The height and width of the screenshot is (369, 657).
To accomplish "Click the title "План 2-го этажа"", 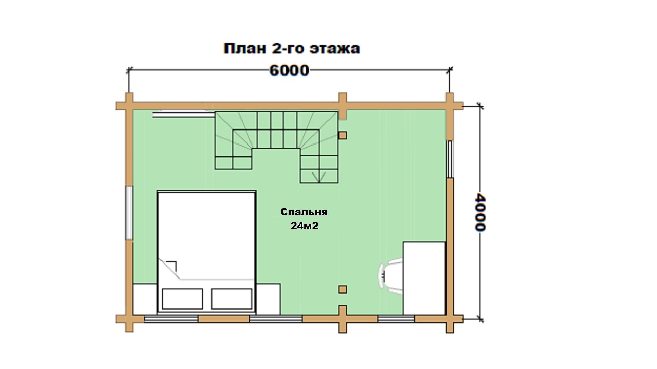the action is [292, 49].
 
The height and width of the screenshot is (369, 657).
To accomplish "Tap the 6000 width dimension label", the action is [289, 70].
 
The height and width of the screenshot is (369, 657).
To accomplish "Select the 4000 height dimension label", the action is [480, 213].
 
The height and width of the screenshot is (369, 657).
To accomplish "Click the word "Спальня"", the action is [304, 212].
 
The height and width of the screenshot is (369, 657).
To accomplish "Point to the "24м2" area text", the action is [304, 226].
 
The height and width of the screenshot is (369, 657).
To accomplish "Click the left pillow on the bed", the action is [182, 299].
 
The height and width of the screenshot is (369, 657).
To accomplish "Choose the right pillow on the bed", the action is [232, 299].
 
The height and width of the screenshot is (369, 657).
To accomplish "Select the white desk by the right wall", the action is [424, 278].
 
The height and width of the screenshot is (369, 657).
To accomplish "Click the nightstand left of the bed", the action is [145, 299].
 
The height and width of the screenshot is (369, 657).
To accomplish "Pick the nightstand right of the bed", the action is [268, 299].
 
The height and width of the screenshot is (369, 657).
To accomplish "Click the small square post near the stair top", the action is [343, 135].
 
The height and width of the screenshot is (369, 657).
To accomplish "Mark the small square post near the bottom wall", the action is [343, 290].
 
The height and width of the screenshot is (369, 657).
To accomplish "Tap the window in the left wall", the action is [129, 213].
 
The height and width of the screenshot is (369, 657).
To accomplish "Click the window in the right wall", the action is [450, 159].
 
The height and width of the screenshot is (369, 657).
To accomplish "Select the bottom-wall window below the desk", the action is [396, 319].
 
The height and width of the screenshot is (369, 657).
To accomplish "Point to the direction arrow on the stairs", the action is [319, 177].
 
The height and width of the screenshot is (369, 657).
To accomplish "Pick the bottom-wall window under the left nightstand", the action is [171, 319].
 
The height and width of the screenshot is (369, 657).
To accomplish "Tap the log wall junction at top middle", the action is [343, 106].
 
